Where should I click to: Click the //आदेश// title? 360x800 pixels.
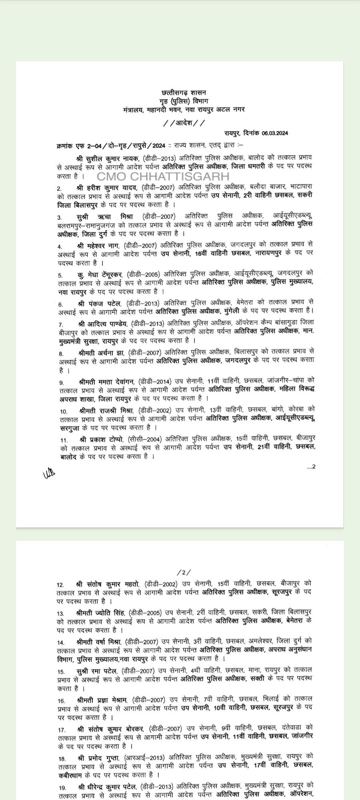(184, 122)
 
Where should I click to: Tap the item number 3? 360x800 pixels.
(59, 218)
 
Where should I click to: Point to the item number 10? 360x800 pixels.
(63, 412)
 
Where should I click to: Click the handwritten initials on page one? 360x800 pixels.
(49, 474)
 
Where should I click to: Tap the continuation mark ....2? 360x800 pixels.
(311, 466)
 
